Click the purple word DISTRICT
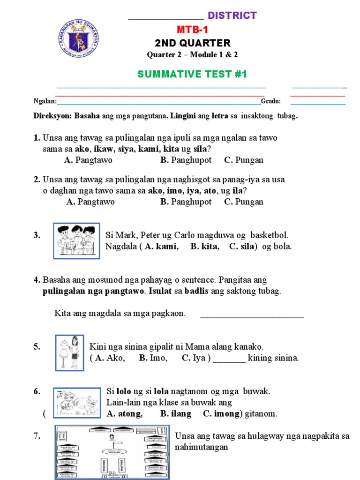click(232, 15)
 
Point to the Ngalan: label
click(45, 101)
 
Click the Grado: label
click(271, 101)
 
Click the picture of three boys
click(76, 240)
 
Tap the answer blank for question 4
click(252, 314)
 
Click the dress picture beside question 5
click(69, 352)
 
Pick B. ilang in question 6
click(176, 413)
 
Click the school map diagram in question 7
click(112, 452)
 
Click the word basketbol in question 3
click(270, 235)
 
